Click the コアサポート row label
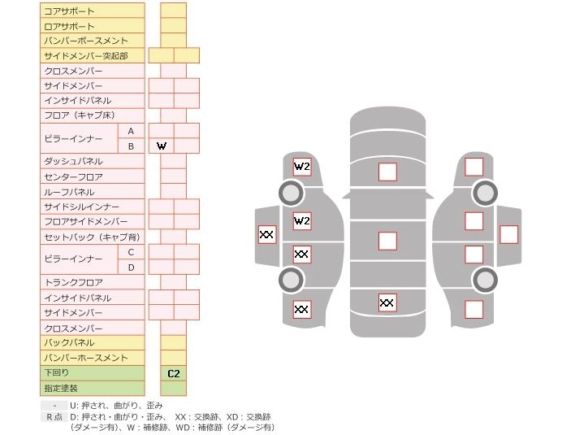click(x=92, y=11)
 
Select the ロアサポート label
click(x=92, y=26)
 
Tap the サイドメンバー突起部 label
click(x=92, y=56)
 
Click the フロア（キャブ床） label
click(x=92, y=115)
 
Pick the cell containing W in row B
click(x=162, y=146)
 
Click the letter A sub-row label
click(x=131, y=131)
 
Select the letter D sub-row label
click(x=131, y=267)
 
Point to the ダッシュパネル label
click(x=92, y=161)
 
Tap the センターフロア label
click(x=92, y=176)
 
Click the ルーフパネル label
click(x=92, y=192)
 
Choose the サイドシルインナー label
click(x=92, y=207)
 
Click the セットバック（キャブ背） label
click(x=92, y=237)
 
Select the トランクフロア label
click(x=92, y=282)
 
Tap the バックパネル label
click(x=92, y=342)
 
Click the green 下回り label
click(x=92, y=372)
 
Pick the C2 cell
click(x=173, y=373)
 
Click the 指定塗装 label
click(x=92, y=388)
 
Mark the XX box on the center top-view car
click(x=387, y=303)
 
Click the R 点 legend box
click(x=54, y=416)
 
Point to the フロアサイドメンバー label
click(x=92, y=222)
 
